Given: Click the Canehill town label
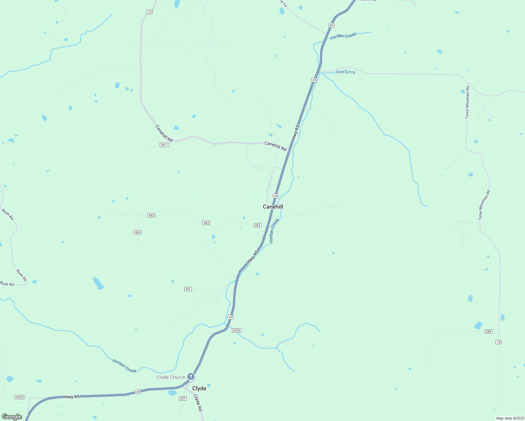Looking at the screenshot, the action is click(x=273, y=207).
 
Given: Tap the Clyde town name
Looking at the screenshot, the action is click(x=199, y=388).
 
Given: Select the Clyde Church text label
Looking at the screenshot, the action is click(x=171, y=377).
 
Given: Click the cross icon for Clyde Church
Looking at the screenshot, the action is click(x=191, y=377).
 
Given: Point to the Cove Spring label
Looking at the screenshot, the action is click(x=345, y=72).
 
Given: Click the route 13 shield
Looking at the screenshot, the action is click(x=150, y=12).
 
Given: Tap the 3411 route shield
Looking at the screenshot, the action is click(x=164, y=145).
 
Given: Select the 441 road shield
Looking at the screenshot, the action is click(x=188, y=289).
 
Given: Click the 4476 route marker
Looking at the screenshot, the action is click(x=237, y=330).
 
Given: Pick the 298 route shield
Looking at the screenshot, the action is click(x=488, y=332).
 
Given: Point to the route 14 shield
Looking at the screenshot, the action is click(x=498, y=342).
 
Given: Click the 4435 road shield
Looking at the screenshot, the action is click(x=19, y=397).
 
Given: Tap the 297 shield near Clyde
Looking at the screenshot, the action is click(x=182, y=399).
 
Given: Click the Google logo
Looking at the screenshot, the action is click(x=12, y=417).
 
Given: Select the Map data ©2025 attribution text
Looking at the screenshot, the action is click(x=509, y=418).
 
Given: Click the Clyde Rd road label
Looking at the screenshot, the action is click(x=198, y=403).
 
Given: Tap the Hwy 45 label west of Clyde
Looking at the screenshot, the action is click(x=72, y=397).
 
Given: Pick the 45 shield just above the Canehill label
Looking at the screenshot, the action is click(x=276, y=196).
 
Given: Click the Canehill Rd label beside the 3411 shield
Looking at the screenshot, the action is click(x=164, y=133).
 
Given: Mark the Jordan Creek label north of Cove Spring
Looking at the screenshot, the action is click(x=343, y=36).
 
